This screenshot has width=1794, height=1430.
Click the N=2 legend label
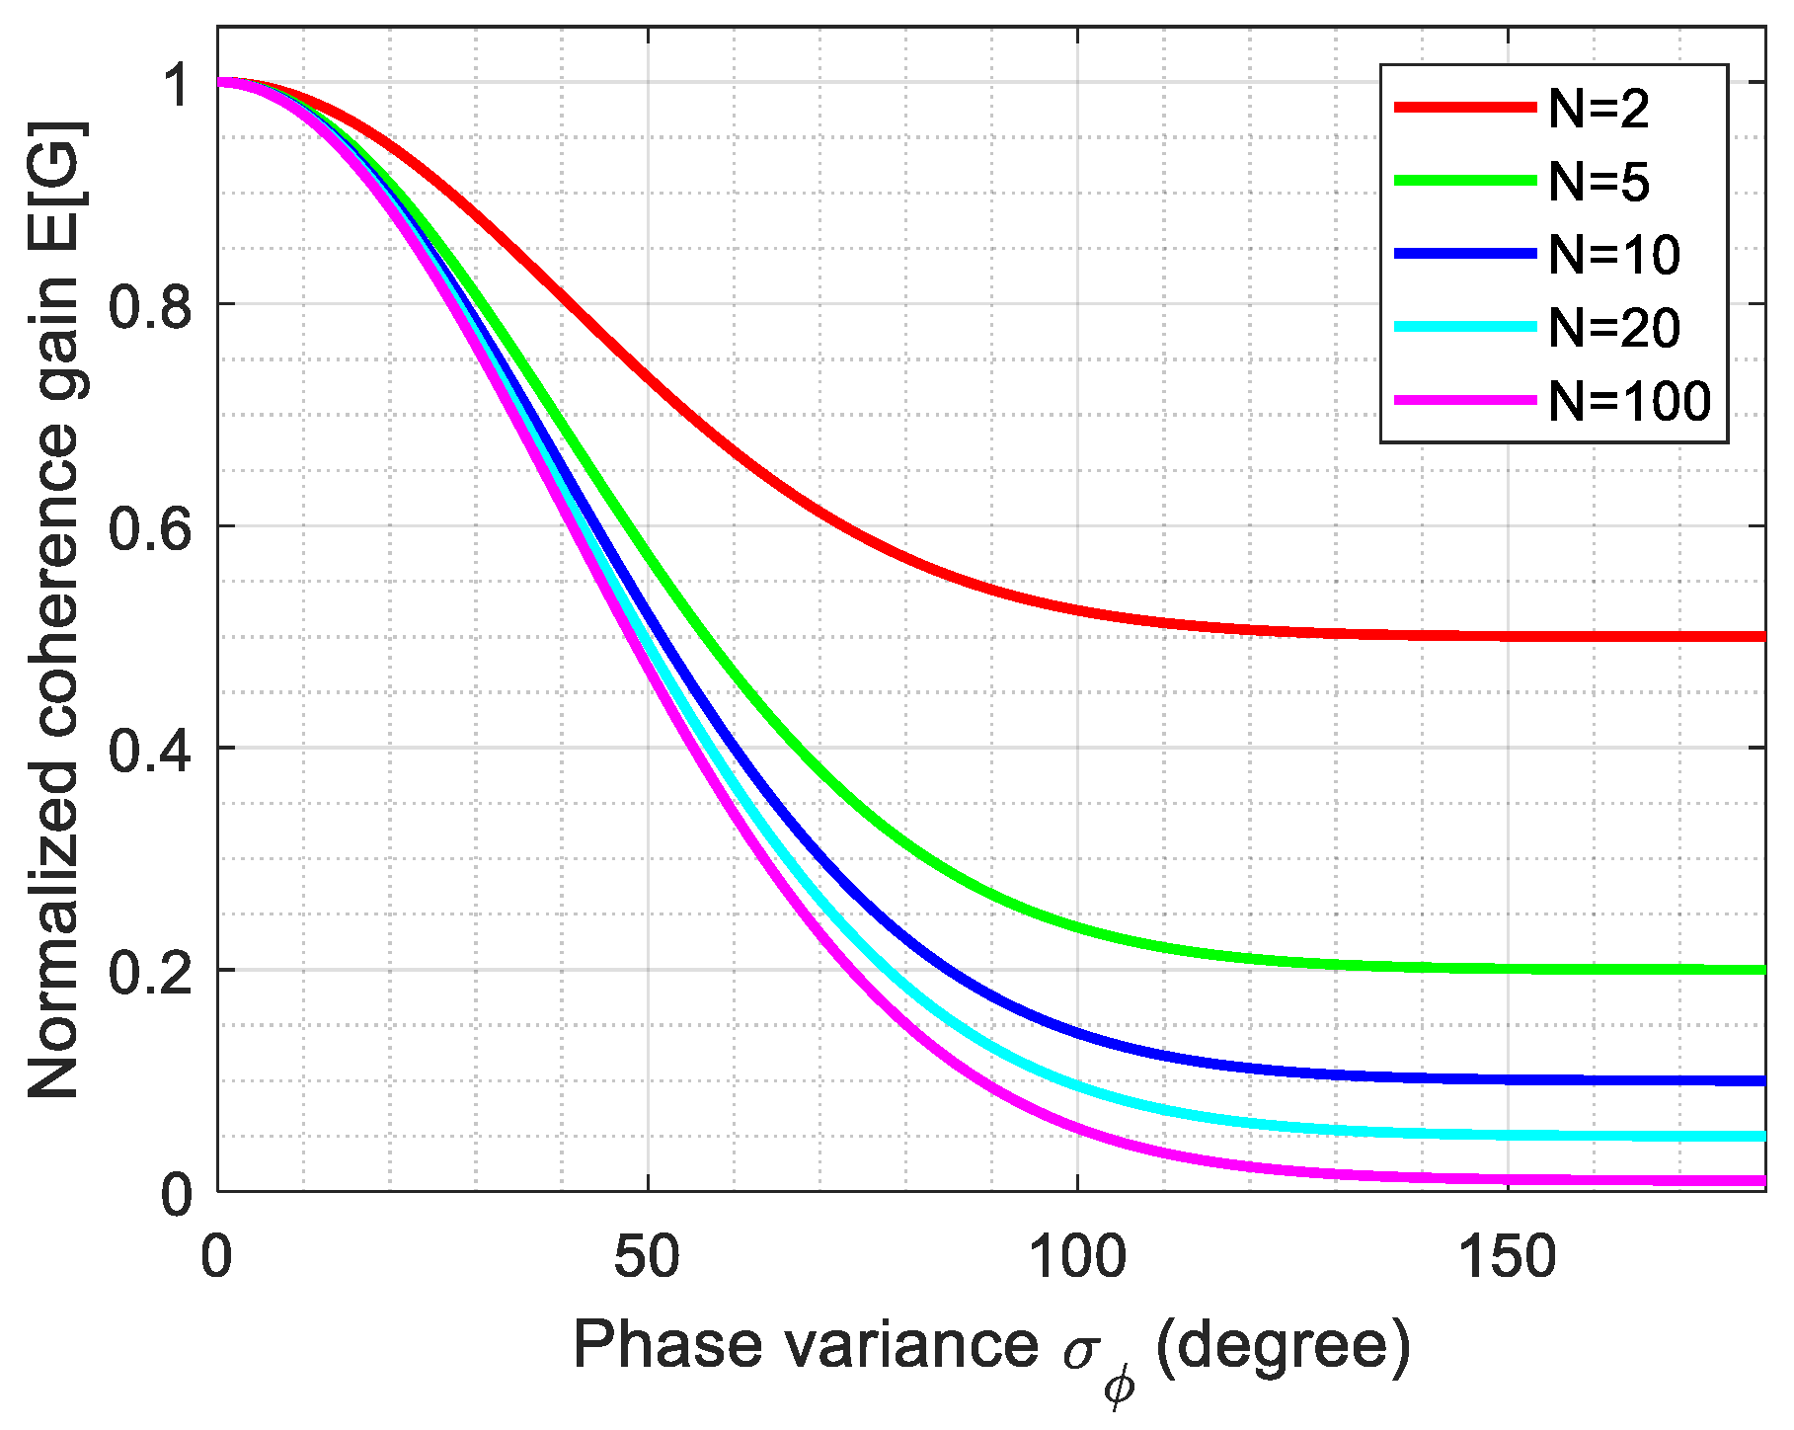pos(1599,109)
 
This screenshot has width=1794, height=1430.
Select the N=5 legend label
pos(1599,182)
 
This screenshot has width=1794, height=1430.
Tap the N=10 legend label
pos(1614,255)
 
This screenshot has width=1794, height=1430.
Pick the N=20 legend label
pos(1614,328)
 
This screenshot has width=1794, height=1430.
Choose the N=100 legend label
pos(1629,401)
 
